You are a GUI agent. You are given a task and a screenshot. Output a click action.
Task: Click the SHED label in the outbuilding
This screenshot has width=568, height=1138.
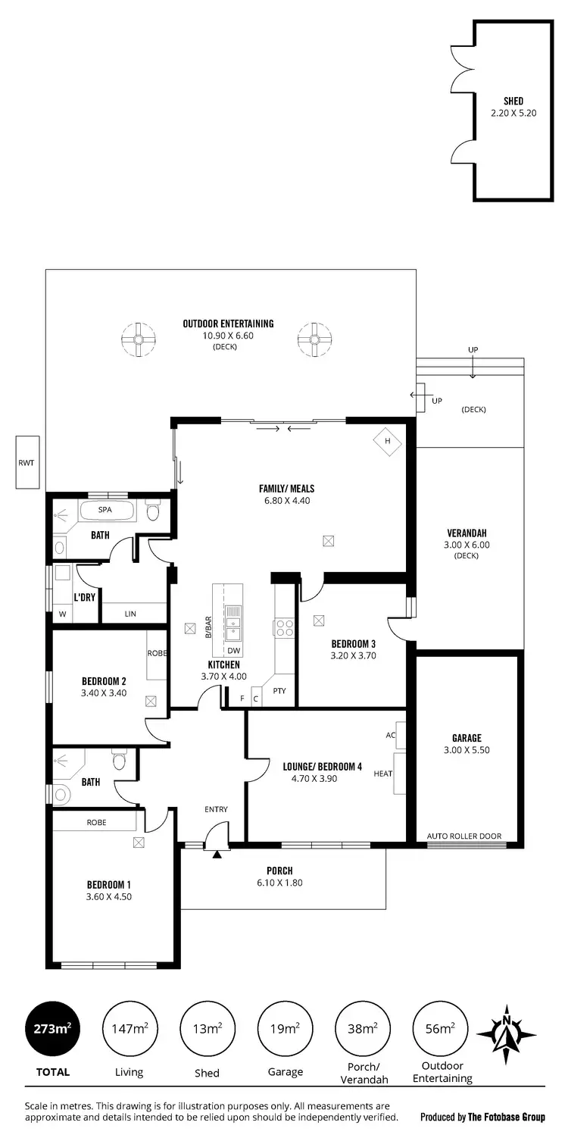click(x=513, y=101)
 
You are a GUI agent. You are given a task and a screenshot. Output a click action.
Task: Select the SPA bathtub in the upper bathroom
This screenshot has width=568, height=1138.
click(x=106, y=511)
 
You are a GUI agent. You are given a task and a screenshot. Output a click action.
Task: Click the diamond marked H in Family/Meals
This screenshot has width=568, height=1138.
click(x=387, y=441)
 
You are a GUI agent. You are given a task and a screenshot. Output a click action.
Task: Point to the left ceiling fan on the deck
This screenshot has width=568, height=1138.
click(x=139, y=340)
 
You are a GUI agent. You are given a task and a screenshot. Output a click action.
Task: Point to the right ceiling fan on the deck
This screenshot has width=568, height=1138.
click(x=315, y=340)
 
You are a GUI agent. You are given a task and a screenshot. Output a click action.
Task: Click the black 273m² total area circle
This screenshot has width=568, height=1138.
click(x=52, y=1028)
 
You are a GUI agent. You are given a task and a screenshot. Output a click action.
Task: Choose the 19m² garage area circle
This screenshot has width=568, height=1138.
click(x=285, y=1028)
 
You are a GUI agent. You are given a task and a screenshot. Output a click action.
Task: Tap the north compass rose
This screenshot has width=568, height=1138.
click(x=507, y=1032)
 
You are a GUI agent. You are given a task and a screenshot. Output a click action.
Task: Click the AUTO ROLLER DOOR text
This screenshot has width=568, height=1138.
click(x=463, y=836)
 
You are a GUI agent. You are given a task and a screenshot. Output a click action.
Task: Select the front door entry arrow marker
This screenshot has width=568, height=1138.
click(x=217, y=855)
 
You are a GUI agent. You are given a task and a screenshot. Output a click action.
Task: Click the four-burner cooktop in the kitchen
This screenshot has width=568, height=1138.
click(x=284, y=627)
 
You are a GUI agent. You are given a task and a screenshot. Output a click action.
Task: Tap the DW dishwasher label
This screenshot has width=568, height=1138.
click(x=233, y=651)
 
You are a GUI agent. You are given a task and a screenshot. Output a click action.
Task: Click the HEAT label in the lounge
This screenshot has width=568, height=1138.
click(x=383, y=774)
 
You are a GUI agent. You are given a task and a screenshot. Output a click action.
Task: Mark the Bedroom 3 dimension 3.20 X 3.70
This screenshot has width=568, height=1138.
click(x=354, y=656)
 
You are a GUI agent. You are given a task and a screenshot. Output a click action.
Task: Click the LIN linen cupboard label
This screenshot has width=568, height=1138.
click(x=130, y=614)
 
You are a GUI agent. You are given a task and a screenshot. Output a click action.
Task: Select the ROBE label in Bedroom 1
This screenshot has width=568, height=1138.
click(x=96, y=822)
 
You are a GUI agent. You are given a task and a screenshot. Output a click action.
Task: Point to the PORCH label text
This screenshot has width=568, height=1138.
click(x=279, y=871)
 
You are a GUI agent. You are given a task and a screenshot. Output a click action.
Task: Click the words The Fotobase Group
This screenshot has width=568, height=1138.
click(x=506, y=1117)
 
